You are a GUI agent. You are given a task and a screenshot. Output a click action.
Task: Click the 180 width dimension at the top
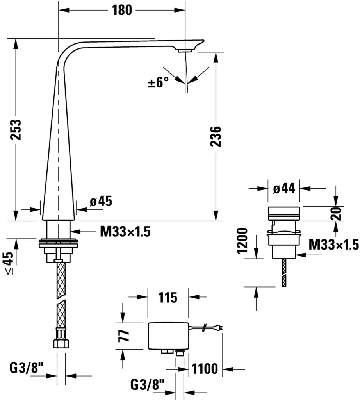pyautogui.click(x=122, y=10)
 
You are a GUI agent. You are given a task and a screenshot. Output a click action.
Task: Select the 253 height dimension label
pyautogui.click(x=16, y=129)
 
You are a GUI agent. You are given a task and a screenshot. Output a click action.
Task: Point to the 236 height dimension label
pyautogui.click(x=216, y=136)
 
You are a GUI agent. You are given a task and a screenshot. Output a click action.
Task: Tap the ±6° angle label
pyautogui.click(x=159, y=82)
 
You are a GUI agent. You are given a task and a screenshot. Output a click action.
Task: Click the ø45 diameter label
pyautogui.click(x=101, y=202)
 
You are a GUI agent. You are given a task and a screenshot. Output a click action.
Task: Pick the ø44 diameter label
pyautogui.click(x=284, y=189)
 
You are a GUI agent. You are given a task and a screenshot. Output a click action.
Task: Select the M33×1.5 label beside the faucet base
pyautogui.click(x=125, y=232)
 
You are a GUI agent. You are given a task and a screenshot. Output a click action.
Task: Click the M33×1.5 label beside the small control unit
pyautogui.click(x=333, y=245)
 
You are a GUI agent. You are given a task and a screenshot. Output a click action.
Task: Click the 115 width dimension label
pyautogui.click(x=168, y=297)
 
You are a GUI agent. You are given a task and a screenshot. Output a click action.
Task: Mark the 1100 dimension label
pyautogui.click(x=206, y=368)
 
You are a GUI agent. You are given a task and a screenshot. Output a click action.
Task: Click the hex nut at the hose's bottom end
pyautogui.click(x=61, y=344)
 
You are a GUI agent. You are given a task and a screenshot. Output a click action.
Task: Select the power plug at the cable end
pyautogui.click(x=221, y=329)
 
